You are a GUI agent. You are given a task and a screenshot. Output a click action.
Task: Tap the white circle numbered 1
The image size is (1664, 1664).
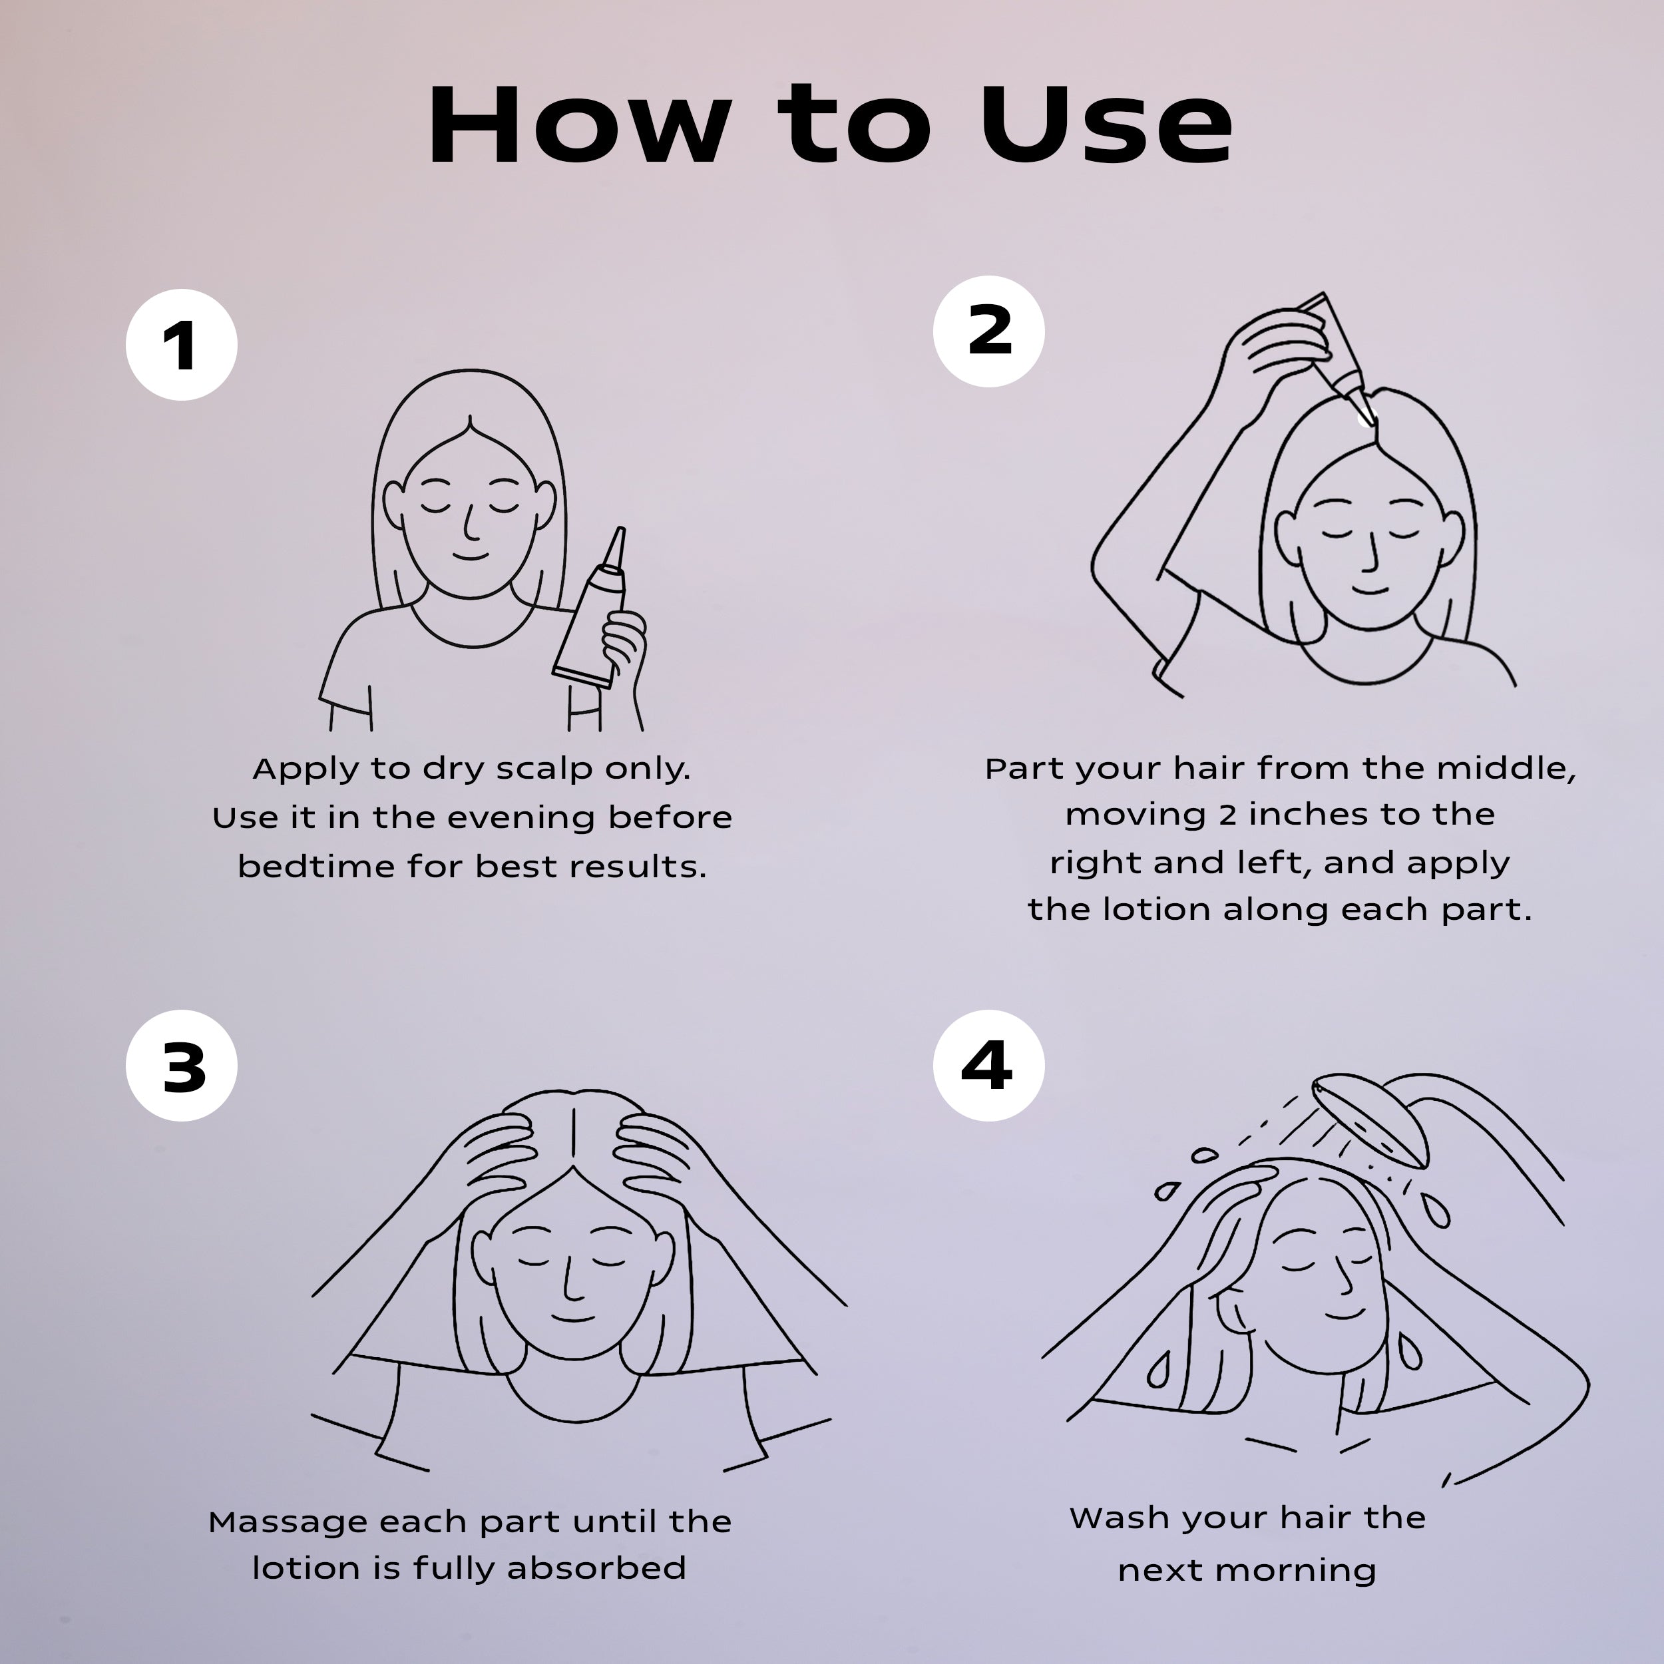181,345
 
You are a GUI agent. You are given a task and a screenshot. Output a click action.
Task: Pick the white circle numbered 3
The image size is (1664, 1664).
181,1066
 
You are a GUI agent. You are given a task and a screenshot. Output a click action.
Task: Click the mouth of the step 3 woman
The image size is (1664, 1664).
573,1318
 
